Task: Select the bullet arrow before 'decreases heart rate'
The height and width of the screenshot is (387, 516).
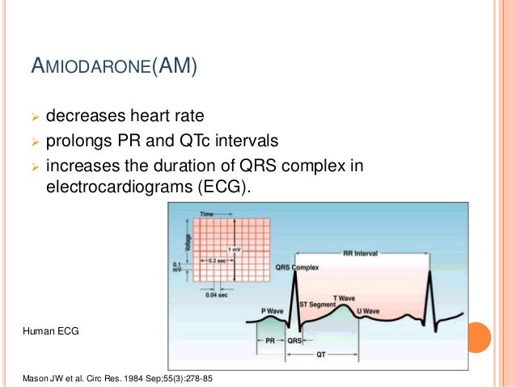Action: click(x=34, y=116)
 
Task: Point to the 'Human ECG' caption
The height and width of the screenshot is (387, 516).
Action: click(x=49, y=332)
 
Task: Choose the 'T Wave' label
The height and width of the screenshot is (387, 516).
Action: click(x=345, y=297)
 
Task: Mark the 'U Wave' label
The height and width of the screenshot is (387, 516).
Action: click(x=368, y=310)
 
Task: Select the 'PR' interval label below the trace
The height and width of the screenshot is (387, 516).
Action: click(x=269, y=341)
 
